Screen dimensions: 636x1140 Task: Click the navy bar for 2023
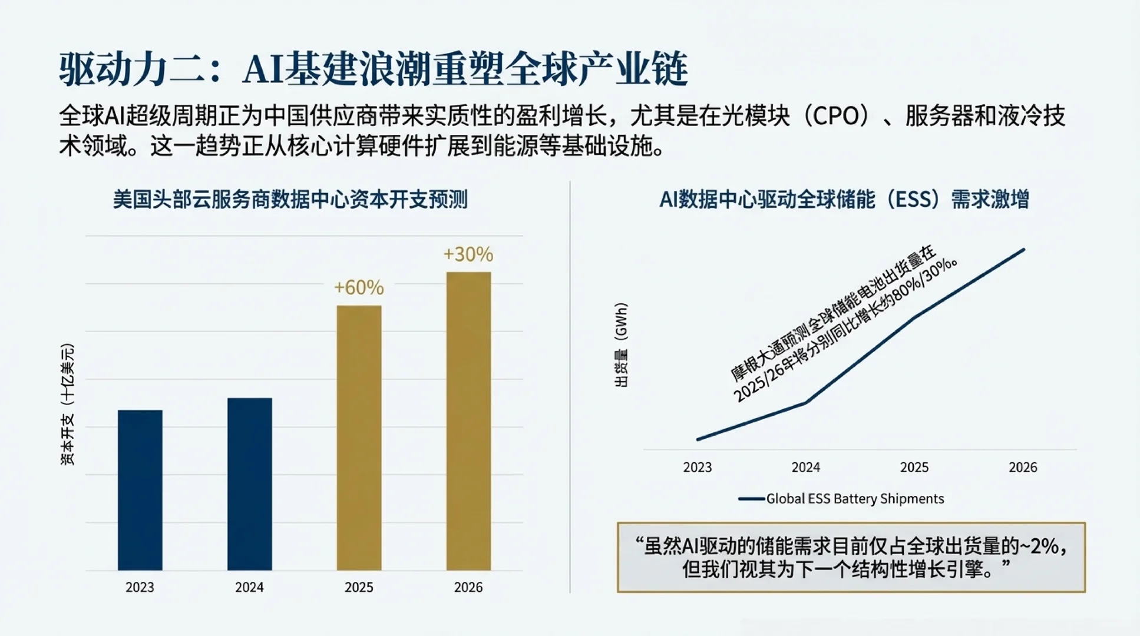pos(140,490)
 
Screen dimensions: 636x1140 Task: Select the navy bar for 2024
pos(249,484)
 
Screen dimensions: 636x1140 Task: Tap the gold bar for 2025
pos(359,438)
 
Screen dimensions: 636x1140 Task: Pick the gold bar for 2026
pos(468,421)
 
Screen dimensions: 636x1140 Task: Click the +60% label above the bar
pos(359,287)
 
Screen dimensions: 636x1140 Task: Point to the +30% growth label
pos(468,254)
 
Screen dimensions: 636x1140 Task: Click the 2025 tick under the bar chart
pos(359,587)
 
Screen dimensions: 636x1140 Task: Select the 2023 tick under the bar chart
pos(140,587)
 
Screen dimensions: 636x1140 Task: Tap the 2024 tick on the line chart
pos(805,468)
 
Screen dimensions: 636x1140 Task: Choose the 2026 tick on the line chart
pos(1023,468)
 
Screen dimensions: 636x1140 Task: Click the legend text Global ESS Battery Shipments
pos(854,499)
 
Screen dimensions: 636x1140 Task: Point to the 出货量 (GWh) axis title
pos(621,345)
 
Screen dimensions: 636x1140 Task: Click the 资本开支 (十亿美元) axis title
pos(68,405)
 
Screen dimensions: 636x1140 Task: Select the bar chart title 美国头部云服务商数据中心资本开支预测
pos(290,200)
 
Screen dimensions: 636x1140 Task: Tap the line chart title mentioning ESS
pos(844,200)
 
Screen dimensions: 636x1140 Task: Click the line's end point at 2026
pos(1024,250)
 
